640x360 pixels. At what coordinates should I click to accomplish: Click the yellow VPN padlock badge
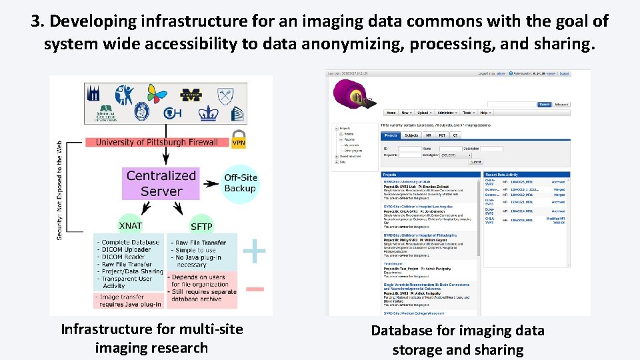click(239, 141)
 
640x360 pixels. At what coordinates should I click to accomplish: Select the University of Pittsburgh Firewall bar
click(157, 142)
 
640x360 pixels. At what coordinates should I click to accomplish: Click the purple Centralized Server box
click(161, 183)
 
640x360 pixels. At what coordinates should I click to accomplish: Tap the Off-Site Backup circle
click(240, 183)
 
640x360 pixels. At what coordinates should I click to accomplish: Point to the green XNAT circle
click(130, 225)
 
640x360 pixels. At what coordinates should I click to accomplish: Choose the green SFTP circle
click(201, 225)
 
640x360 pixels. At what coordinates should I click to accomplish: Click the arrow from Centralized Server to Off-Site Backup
click(211, 183)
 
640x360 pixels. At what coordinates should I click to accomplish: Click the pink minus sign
click(255, 289)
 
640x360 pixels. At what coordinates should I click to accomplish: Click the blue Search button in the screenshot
click(545, 104)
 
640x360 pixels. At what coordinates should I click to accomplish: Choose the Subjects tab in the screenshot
click(411, 135)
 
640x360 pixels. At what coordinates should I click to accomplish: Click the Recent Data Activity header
click(503, 174)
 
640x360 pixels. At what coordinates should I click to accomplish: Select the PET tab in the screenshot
click(441, 135)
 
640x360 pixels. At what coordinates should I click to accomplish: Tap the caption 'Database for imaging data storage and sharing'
click(457, 339)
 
